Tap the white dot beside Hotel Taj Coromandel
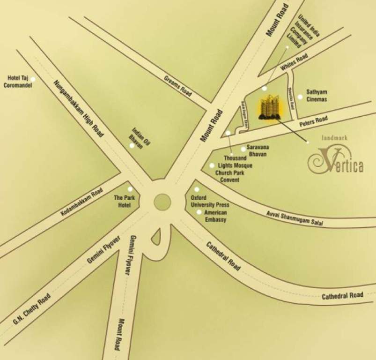pos(33,79)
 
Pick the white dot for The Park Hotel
pos(130,189)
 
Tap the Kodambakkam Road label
pos(81,203)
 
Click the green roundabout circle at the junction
pos(162,202)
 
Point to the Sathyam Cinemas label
pos(317,96)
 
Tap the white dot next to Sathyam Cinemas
pos(300,97)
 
